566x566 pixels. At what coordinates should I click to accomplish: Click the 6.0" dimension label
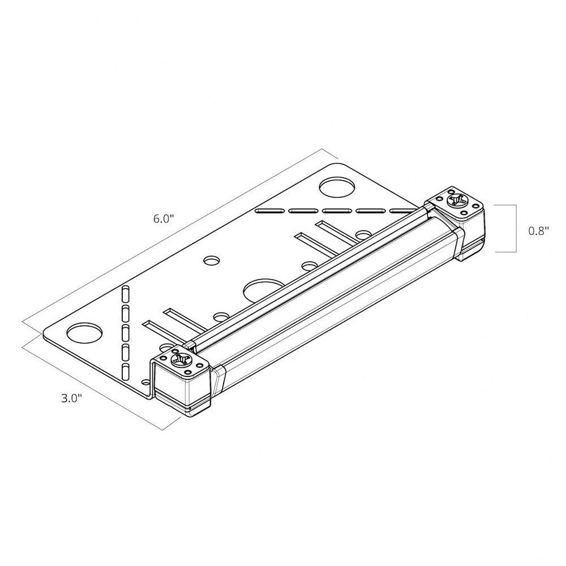point(164,218)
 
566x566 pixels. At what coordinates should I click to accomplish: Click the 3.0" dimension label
point(72,398)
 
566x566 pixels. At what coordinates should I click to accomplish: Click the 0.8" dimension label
point(539,231)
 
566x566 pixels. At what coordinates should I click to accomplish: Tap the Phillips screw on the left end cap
point(180,360)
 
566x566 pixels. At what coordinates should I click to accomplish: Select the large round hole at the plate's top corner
point(337,187)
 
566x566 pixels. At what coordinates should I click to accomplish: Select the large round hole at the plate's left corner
point(84,333)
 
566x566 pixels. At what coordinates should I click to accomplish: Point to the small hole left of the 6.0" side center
point(212,260)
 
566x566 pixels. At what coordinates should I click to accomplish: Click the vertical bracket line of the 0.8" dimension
point(516,229)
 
